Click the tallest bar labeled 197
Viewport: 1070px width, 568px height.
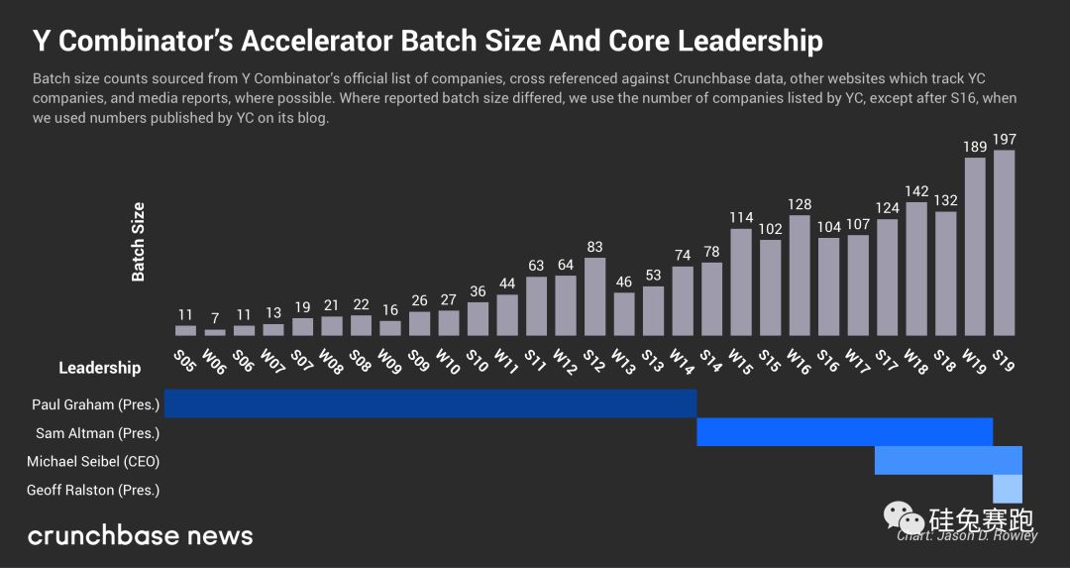pyautogui.click(x=1004, y=243)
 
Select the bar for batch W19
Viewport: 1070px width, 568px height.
pyautogui.click(x=975, y=247)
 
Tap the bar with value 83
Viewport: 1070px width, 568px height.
pyautogui.click(x=595, y=296)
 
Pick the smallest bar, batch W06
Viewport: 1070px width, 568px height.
pyautogui.click(x=215, y=332)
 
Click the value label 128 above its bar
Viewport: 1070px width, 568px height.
pyautogui.click(x=800, y=205)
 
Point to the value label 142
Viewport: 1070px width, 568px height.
pyautogui.click(x=916, y=192)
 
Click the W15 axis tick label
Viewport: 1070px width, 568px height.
pyautogui.click(x=739, y=359)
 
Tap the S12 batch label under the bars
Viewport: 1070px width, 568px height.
pyautogui.click(x=593, y=359)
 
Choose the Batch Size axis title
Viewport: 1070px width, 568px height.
pyautogui.click(x=139, y=242)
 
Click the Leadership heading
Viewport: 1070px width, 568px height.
pyautogui.click(x=99, y=368)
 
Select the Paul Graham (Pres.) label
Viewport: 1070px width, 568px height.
pyautogui.click(x=95, y=404)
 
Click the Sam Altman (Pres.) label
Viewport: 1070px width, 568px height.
pyautogui.click(x=98, y=433)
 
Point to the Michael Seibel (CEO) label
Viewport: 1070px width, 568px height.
pyautogui.click(x=93, y=461)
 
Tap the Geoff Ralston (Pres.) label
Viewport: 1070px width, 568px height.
pyautogui.click(x=93, y=490)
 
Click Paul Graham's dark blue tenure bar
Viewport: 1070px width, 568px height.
pyautogui.click(x=430, y=403)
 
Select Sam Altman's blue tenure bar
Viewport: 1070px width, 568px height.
pyautogui.click(x=844, y=432)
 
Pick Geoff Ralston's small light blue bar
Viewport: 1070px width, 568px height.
pyautogui.click(x=1007, y=489)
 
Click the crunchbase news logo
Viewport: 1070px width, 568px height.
pyautogui.click(x=140, y=536)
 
